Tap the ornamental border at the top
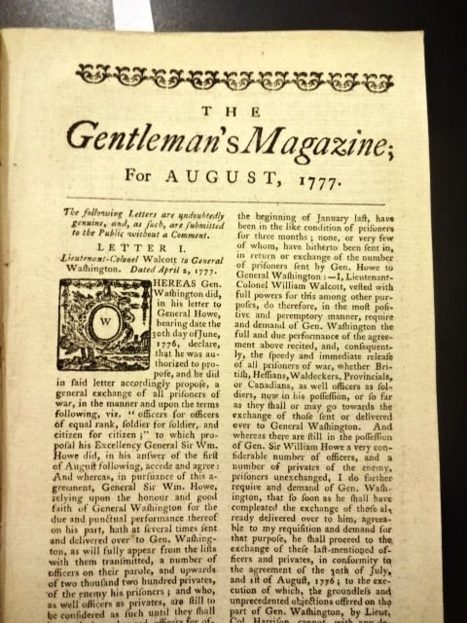coord(233,76)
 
